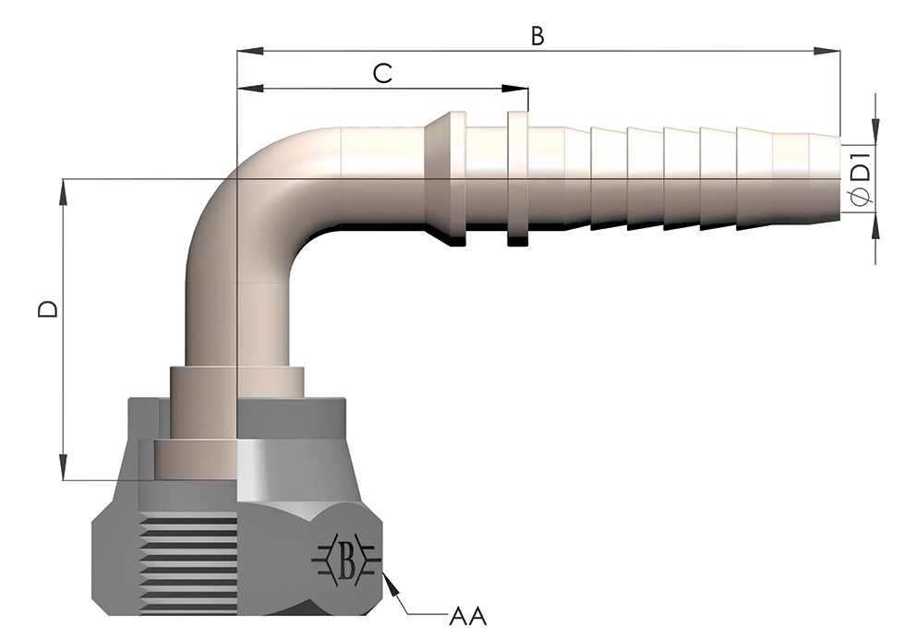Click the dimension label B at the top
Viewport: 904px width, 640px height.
[536, 36]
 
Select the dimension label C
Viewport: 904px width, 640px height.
[383, 74]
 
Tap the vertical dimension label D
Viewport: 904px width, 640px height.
[48, 308]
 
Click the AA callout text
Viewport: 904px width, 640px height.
[468, 616]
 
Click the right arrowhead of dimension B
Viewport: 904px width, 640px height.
[826, 52]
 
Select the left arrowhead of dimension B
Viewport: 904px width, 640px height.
[251, 52]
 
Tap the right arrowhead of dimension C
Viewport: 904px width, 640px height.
[515, 89]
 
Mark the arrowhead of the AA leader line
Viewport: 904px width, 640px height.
[391, 583]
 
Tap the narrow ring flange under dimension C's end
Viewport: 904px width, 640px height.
[518, 179]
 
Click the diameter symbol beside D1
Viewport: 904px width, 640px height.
[861, 198]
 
